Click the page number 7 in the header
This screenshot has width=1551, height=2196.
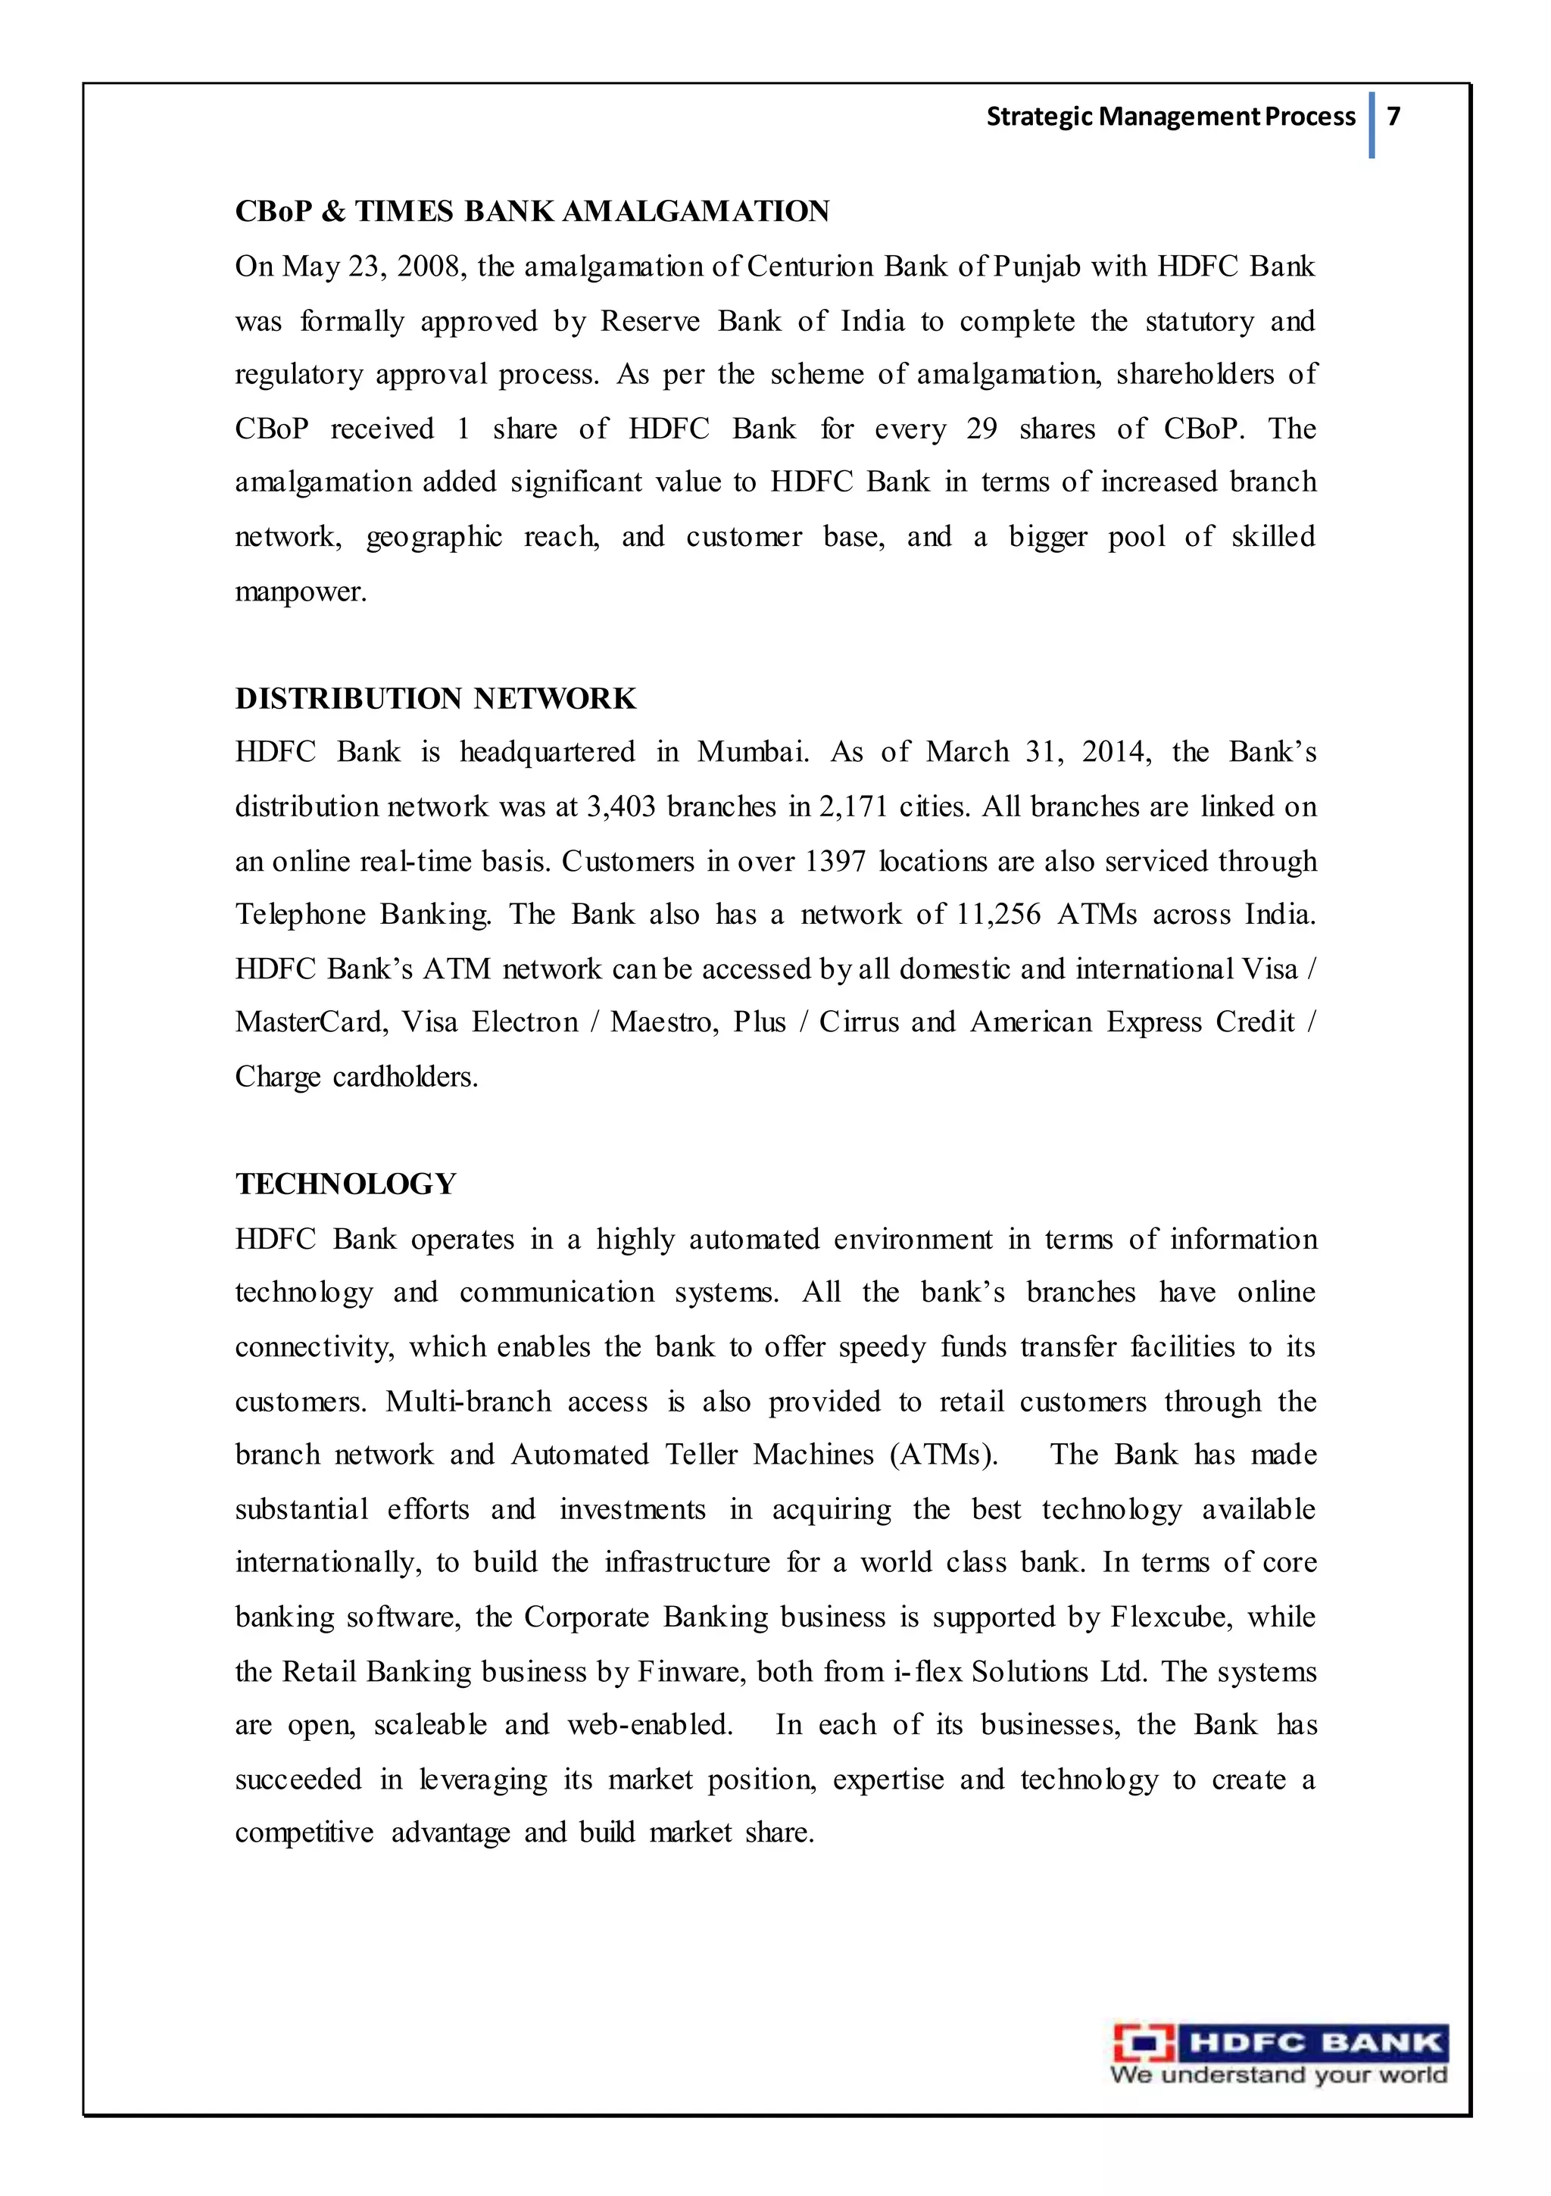pos(1393,116)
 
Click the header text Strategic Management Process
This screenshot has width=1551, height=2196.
pos(1170,117)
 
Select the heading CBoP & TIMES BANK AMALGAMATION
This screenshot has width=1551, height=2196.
pos(532,211)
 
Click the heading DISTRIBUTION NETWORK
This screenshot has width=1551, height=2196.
pos(435,698)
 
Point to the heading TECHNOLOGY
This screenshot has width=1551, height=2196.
pos(345,1184)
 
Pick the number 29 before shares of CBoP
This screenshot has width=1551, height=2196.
pos(981,429)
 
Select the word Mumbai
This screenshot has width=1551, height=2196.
pos(751,752)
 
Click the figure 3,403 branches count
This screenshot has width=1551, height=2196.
pos(621,806)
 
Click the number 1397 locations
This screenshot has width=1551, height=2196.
pos(835,861)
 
